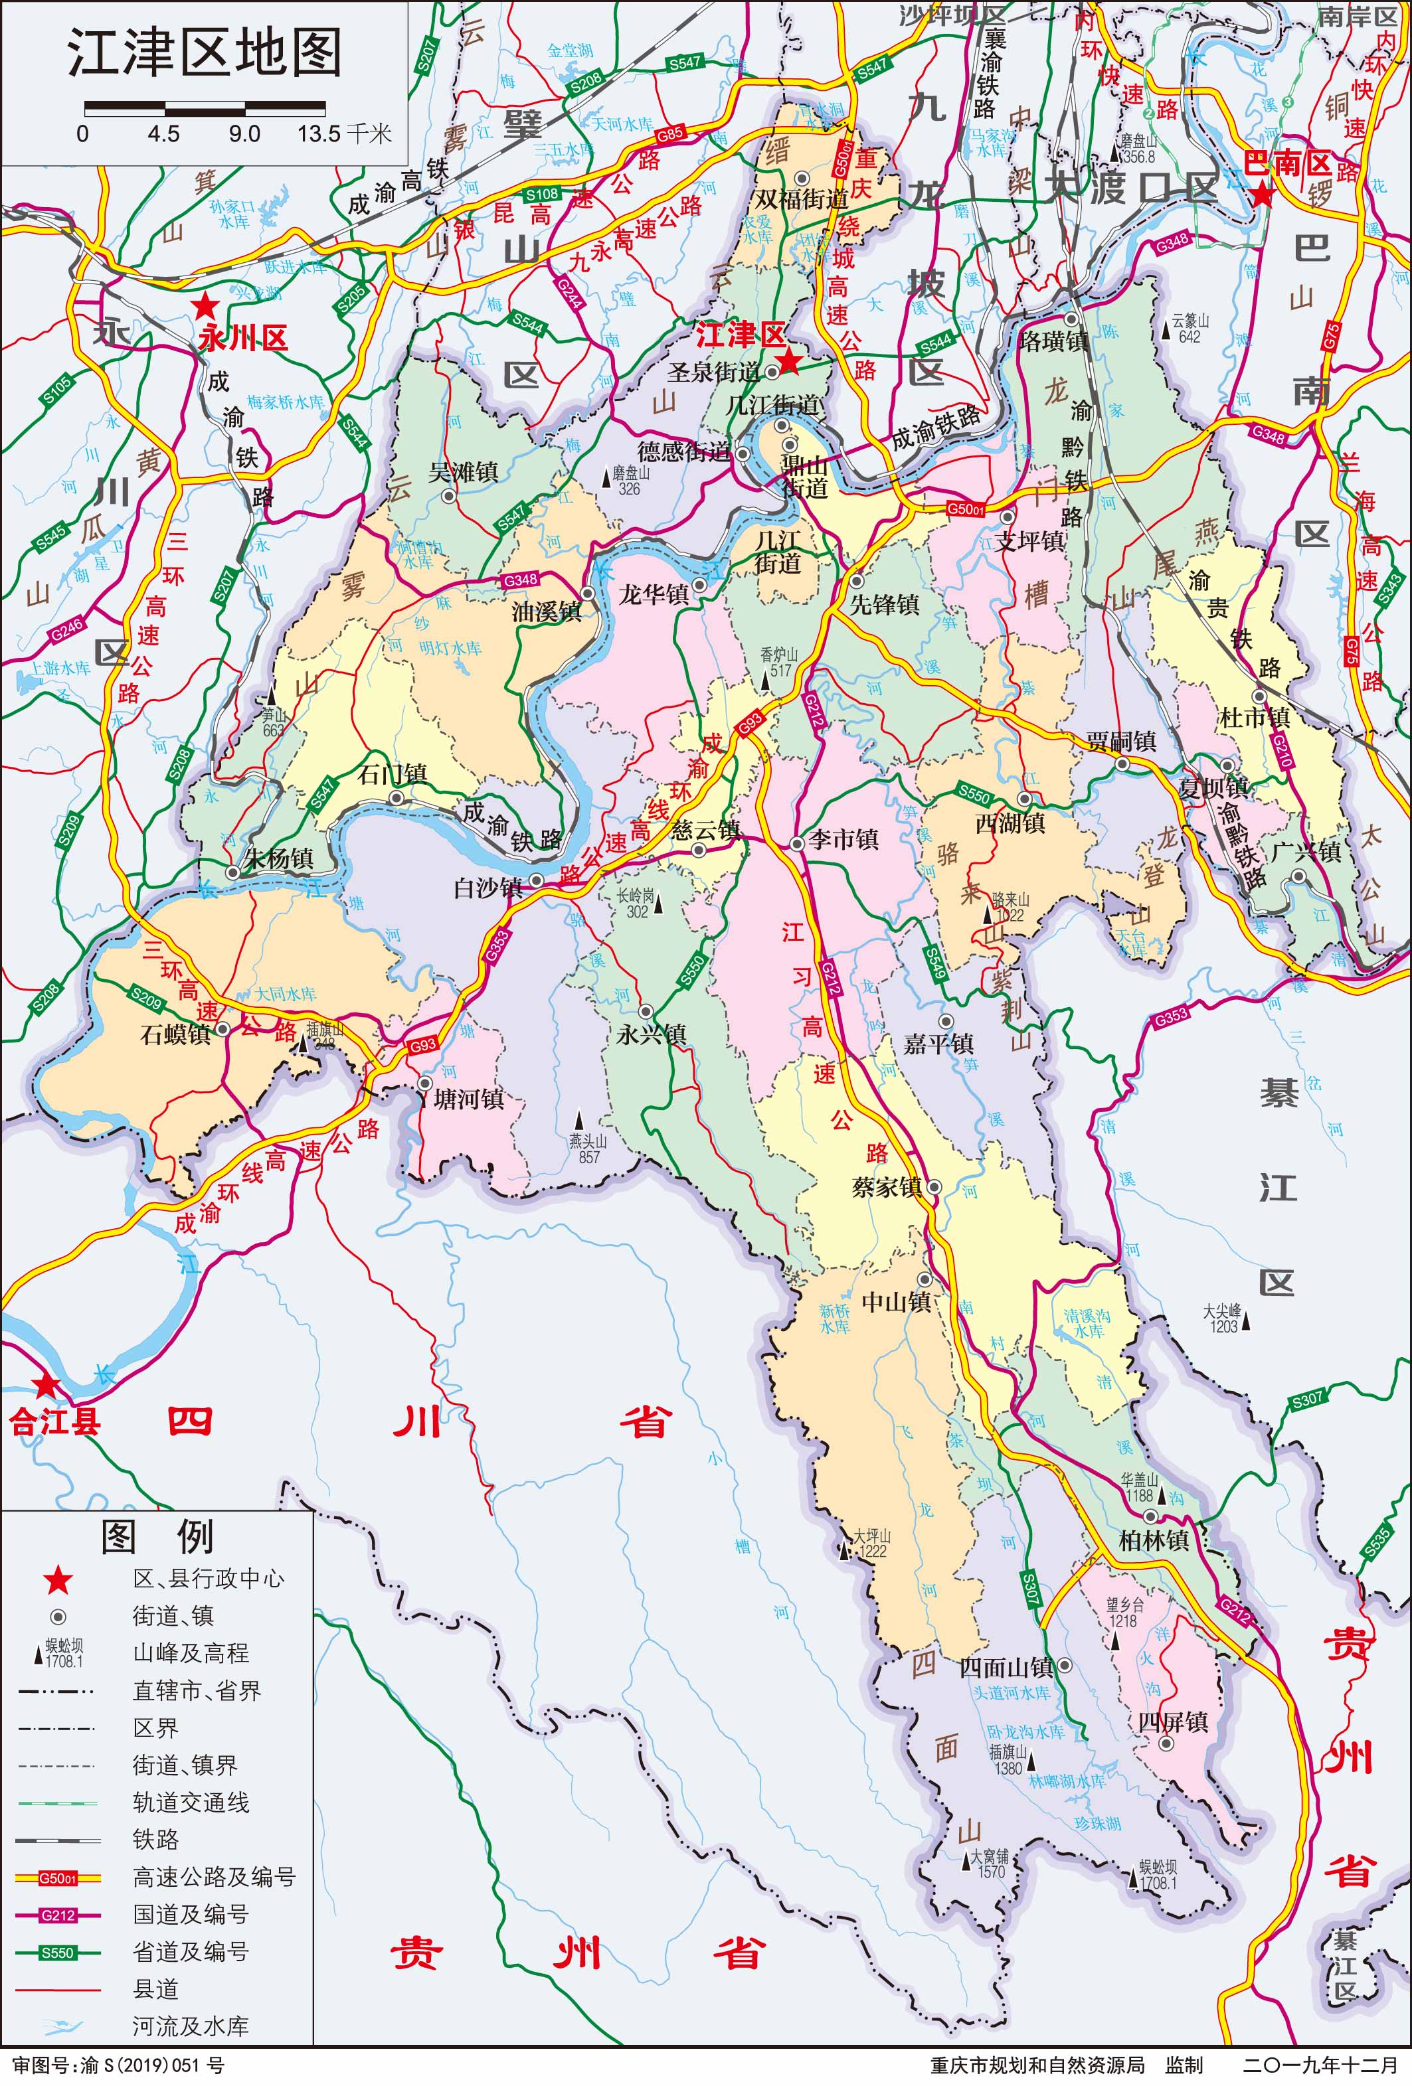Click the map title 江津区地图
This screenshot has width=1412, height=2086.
click(205, 53)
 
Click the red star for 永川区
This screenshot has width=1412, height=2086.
click(207, 305)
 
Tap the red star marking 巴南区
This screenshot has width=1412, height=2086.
click(1262, 193)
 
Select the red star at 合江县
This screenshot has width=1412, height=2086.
click(45, 1385)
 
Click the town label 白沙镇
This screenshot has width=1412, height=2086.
click(487, 888)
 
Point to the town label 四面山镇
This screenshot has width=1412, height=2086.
click(1006, 1667)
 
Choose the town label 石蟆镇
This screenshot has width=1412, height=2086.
click(176, 1034)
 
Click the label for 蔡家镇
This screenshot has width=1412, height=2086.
click(887, 1186)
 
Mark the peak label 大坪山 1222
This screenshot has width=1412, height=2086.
click(870, 1543)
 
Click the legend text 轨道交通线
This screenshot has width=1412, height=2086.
click(191, 1803)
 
